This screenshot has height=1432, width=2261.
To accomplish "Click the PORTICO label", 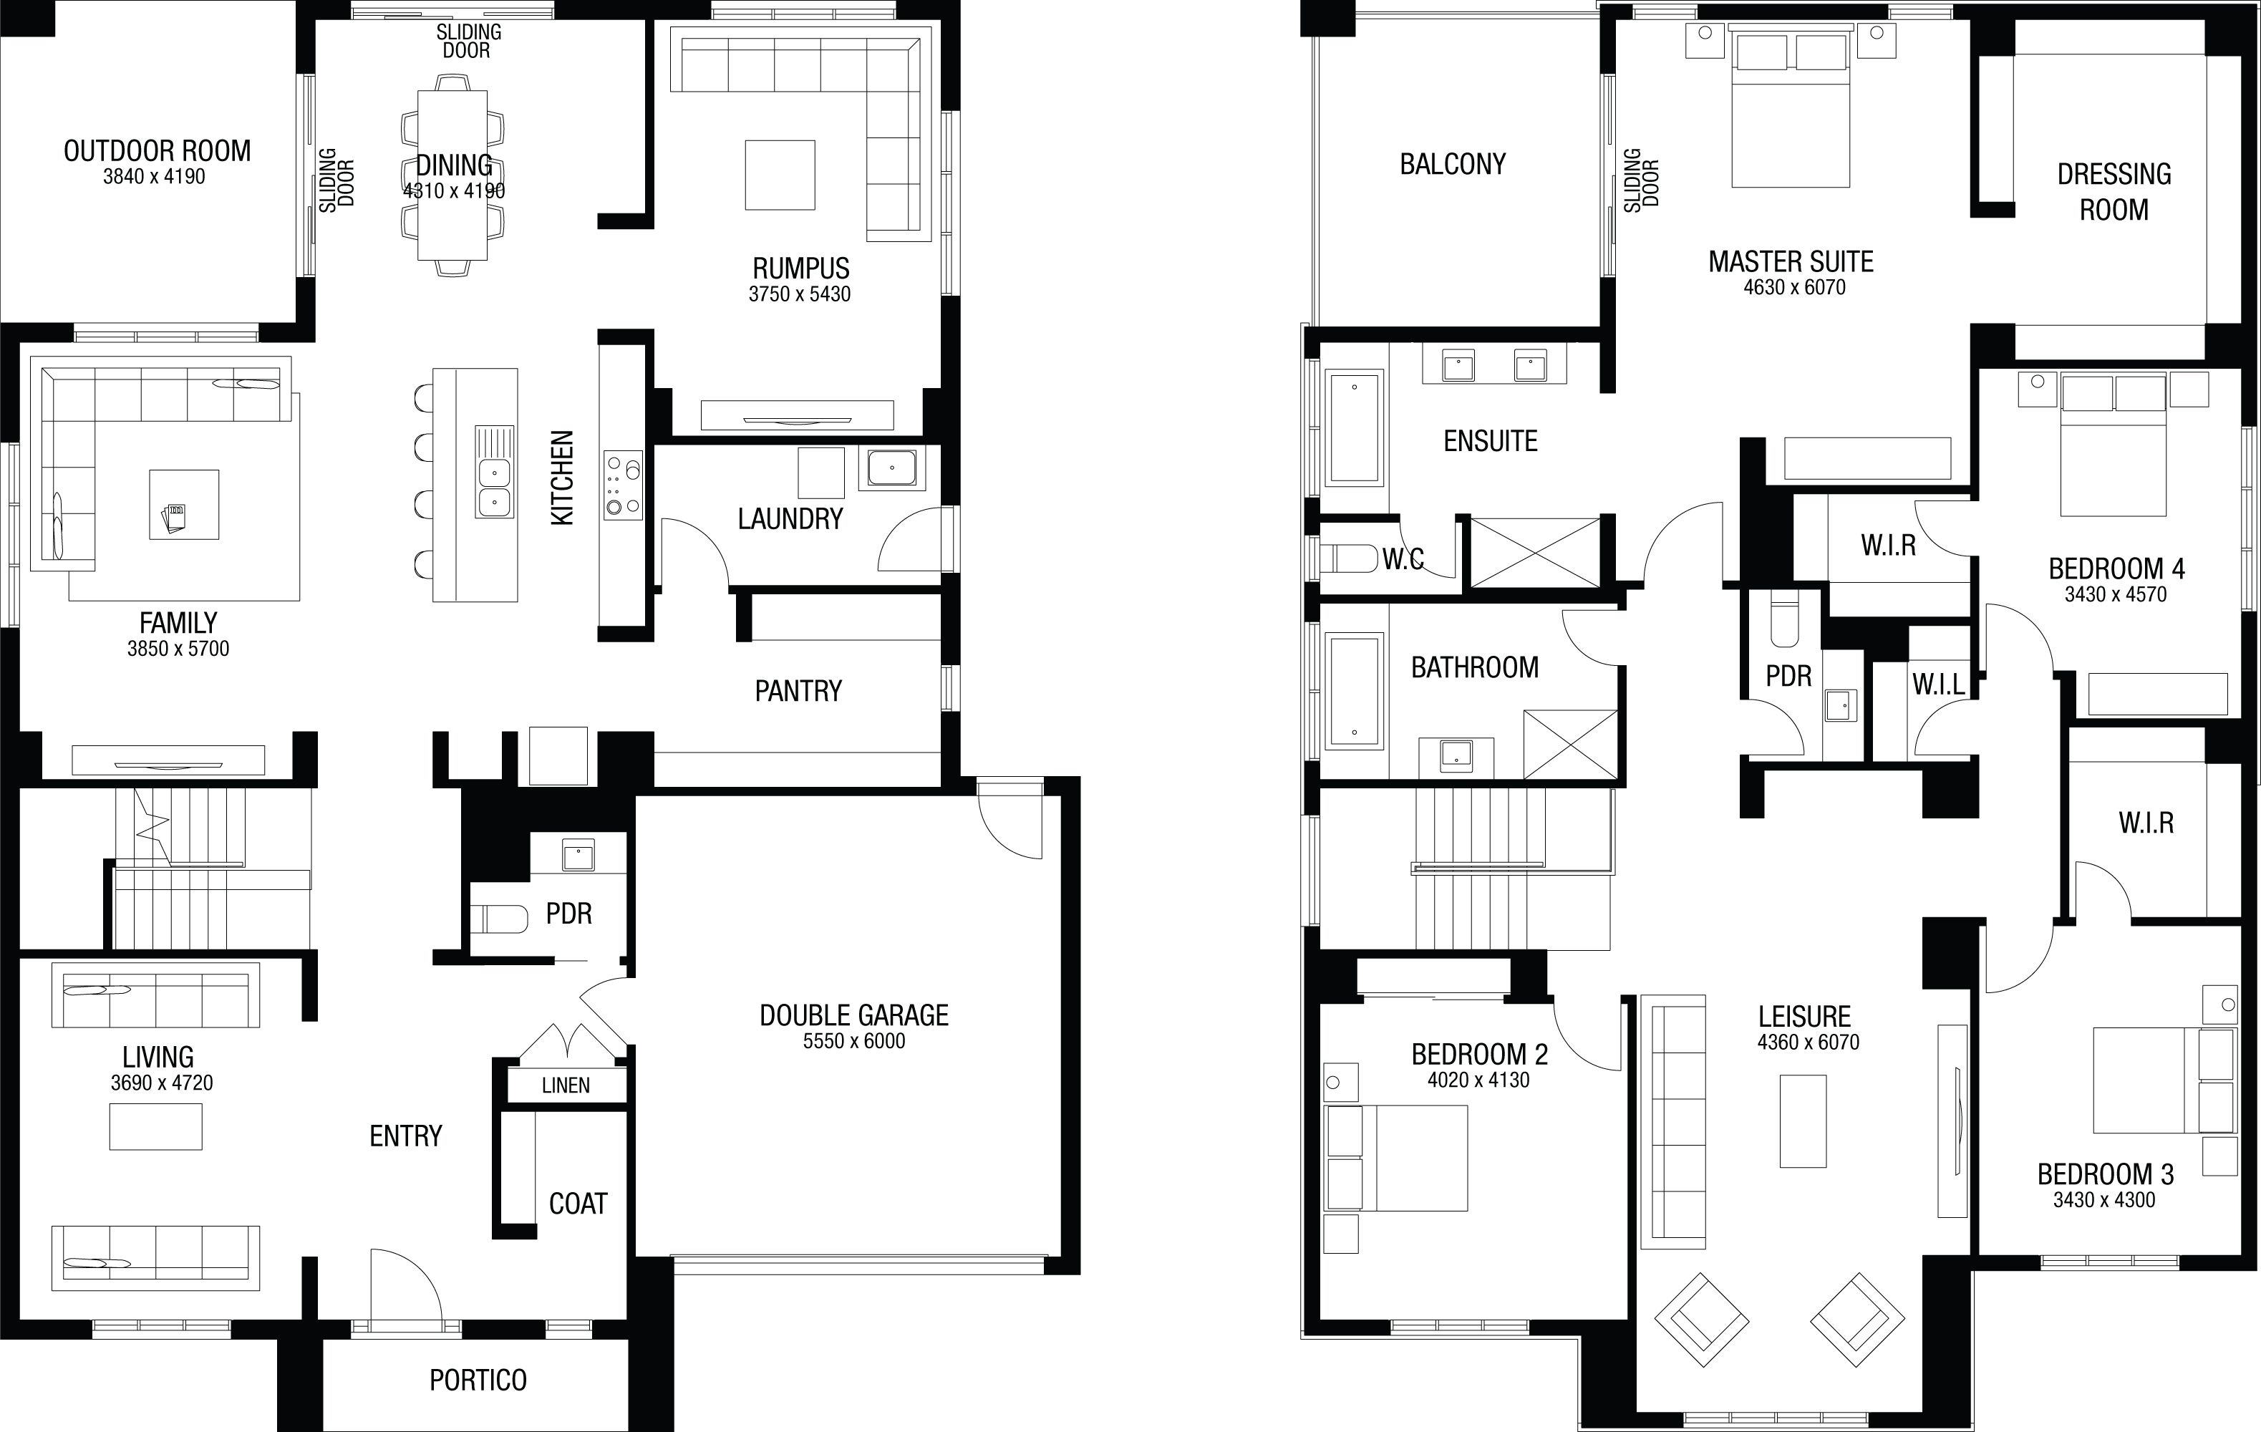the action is pos(478,1380).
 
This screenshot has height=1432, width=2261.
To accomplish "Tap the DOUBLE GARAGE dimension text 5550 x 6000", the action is pos(853,1040).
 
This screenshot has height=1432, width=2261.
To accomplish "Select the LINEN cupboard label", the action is pos(566,1085).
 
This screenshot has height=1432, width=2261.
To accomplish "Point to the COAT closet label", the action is pos(578,1204).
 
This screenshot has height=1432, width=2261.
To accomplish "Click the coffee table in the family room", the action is pos(184,504).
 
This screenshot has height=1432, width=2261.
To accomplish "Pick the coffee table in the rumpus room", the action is pos(780,175).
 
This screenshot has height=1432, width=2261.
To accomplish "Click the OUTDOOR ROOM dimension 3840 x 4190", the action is pos(154,177).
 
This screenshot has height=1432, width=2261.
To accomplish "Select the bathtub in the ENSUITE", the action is pos(1354,428).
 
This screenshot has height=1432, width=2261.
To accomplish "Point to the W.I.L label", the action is pos(1939,684).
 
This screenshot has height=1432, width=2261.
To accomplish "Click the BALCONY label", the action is pos(1453,165).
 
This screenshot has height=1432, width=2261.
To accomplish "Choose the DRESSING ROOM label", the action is pos(2114,192).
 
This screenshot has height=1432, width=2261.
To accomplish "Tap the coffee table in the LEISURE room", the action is pos(1803,1121).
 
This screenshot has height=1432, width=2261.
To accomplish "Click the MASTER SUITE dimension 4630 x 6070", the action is pos(1794,287).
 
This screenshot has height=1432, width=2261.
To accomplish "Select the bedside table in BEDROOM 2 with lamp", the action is pos(1341,1083).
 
